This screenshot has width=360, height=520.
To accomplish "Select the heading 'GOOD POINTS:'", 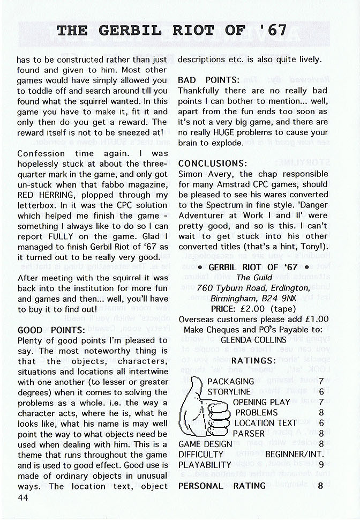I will click(51, 330).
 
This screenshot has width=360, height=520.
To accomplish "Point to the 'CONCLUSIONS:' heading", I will click(213, 163).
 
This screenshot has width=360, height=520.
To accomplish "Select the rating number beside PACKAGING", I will click(320, 381).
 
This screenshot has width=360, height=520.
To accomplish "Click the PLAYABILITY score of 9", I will click(320, 465).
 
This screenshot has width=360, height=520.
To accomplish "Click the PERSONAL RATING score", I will click(320, 486).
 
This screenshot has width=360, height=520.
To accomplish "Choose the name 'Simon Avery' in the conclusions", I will click(204, 174).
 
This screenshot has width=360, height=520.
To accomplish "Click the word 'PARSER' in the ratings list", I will click(248, 433).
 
